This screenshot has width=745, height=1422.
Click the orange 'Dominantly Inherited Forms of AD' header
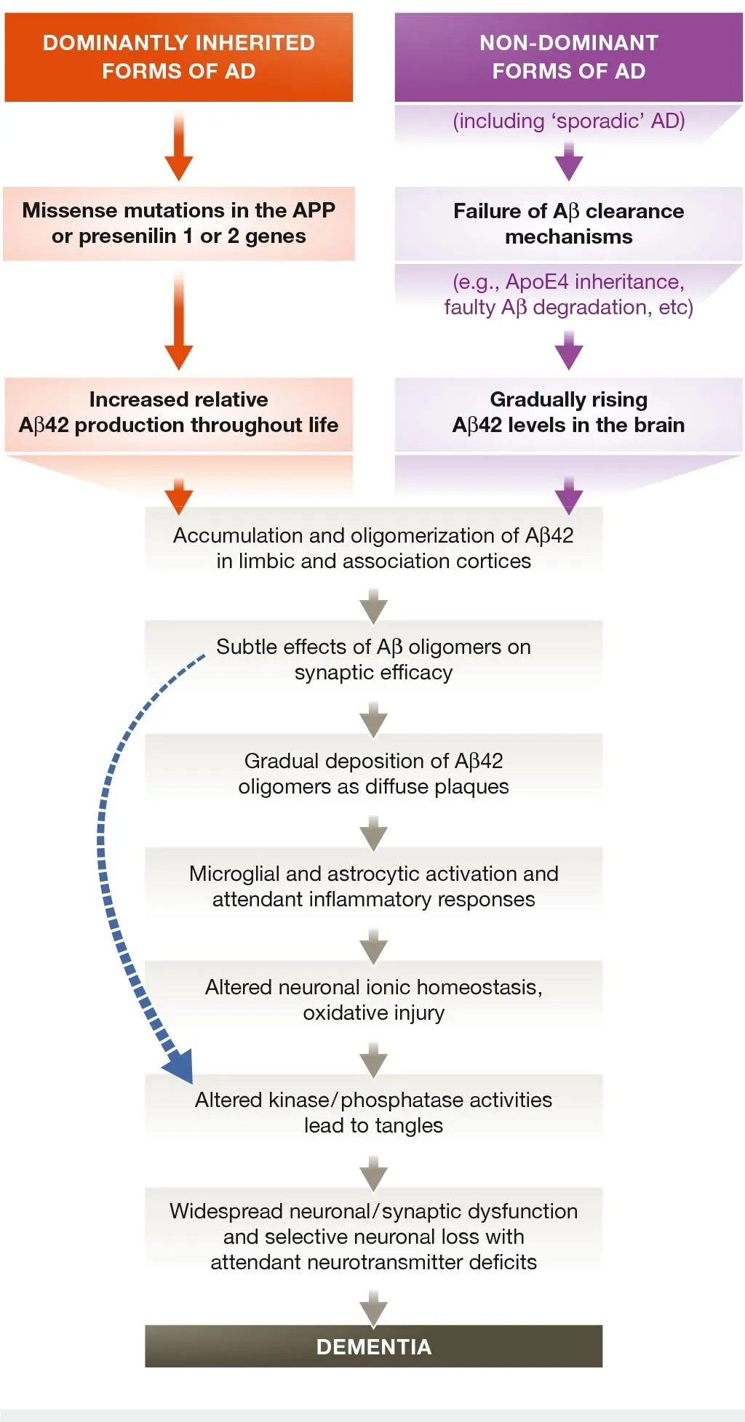pos(178,57)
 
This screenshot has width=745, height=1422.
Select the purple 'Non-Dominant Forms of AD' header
pos(568,57)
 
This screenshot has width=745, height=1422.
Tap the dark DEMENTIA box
pos(373,1346)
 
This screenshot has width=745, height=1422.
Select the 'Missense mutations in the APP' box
pos(178,223)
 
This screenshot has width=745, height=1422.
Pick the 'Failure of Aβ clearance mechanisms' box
pos(568,223)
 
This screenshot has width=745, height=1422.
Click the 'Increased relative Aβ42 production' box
pos(178,412)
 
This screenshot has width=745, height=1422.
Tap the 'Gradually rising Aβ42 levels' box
pos(568,412)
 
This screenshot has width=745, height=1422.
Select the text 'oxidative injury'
pos(373,1012)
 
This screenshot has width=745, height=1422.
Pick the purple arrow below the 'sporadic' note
pos(568,161)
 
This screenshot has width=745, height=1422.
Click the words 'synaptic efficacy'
pos(373,672)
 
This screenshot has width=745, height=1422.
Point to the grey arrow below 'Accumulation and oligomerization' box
pos(373,607)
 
